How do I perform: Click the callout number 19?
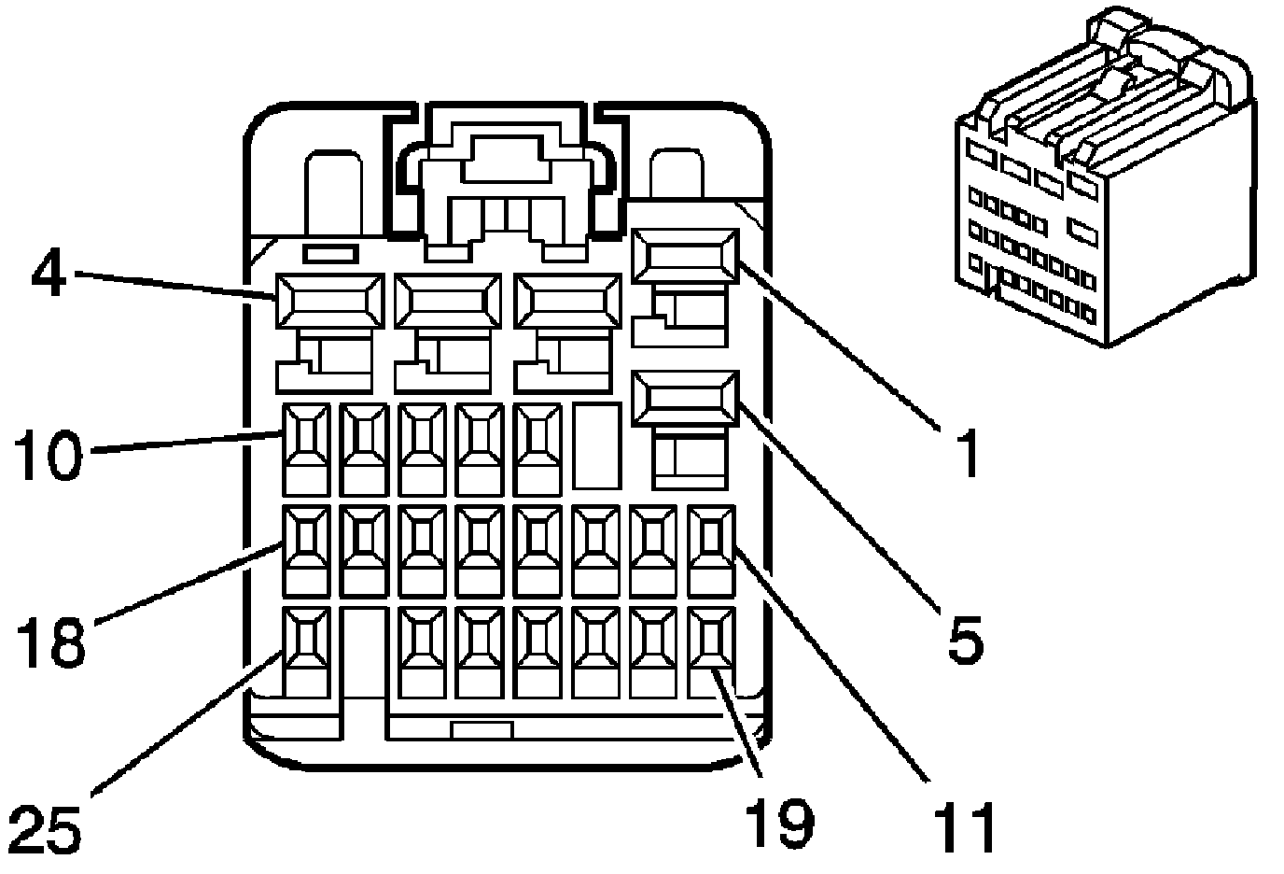click(x=779, y=823)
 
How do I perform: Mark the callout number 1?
click(x=968, y=453)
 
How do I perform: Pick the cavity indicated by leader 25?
click(x=306, y=640)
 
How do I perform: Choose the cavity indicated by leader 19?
click(x=712, y=640)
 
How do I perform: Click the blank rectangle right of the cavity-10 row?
click(x=597, y=446)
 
